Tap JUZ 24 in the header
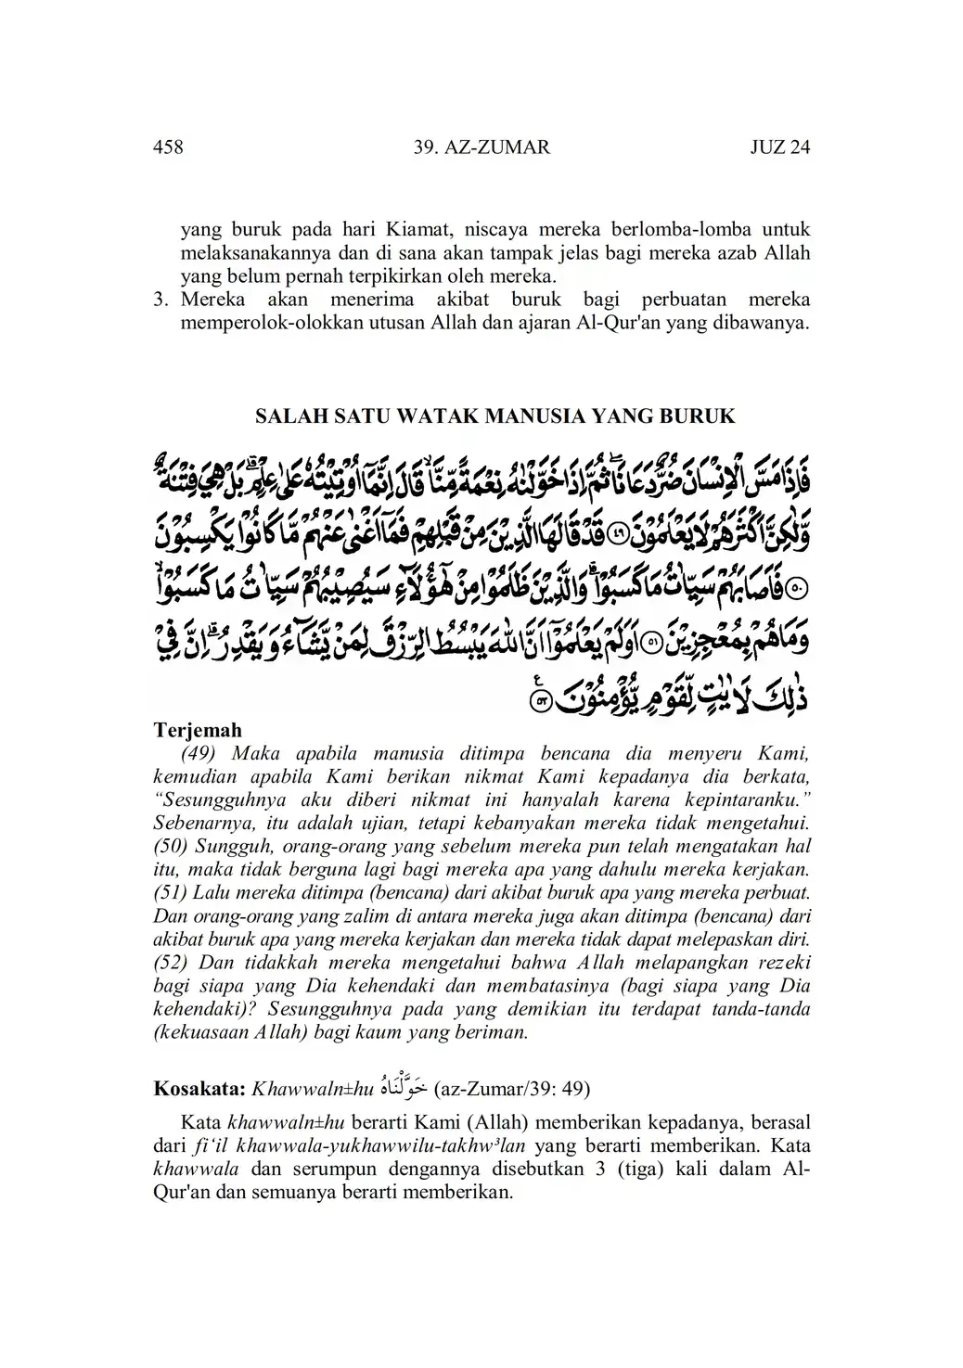(779, 147)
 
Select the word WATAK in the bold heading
(432, 416)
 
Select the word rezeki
(782, 962)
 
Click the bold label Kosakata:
(199, 1088)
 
